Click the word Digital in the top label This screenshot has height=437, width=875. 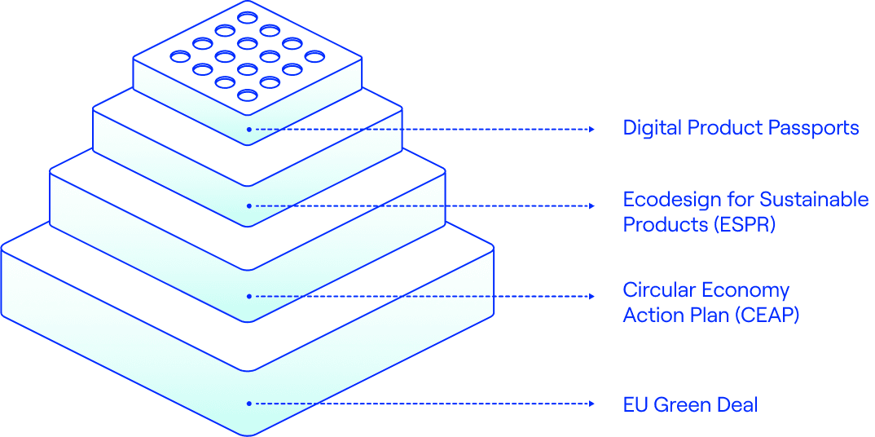(652, 128)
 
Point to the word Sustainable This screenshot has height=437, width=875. (814, 200)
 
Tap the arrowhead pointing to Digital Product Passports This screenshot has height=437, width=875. (591, 129)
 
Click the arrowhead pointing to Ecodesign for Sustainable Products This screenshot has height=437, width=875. (591, 205)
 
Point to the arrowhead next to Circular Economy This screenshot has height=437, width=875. (591, 296)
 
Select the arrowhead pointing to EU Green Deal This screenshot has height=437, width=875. (591, 404)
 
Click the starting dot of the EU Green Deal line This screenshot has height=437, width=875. (248, 404)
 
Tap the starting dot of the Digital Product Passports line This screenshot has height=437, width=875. (248, 129)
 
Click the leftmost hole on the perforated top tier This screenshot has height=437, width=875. (179, 56)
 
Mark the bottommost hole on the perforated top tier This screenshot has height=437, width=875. (247, 95)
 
